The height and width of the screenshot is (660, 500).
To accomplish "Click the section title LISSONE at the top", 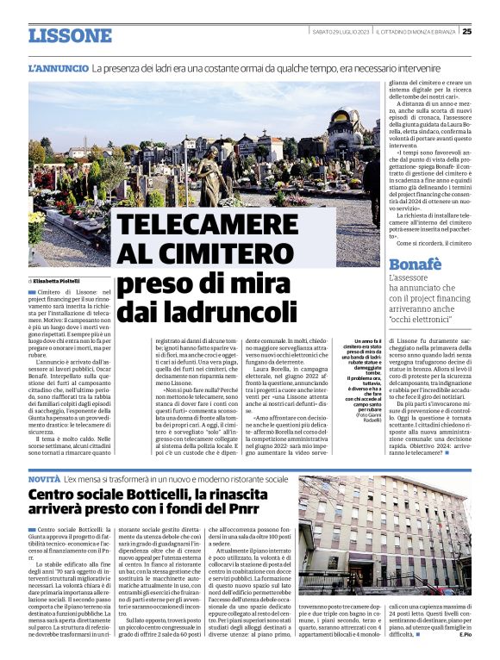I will [70, 35].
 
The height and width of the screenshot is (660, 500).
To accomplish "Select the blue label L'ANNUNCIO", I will [58, 67].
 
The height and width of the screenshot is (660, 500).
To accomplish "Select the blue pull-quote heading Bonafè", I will [416, 265].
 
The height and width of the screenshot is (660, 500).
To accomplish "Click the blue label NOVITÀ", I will [44, 477].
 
